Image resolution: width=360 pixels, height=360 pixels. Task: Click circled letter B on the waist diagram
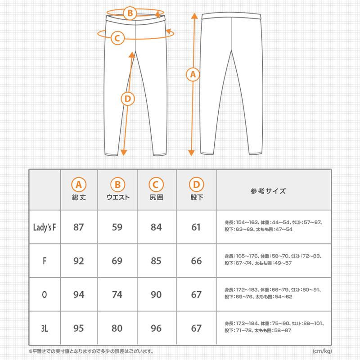coord(130,13)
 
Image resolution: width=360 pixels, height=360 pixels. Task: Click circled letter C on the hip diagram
coord(116,38)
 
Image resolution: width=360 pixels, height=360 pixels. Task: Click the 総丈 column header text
coord(79,197)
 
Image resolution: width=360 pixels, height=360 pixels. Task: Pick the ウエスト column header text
coord(117,197)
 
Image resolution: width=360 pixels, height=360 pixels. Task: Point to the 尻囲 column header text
coord(156,197)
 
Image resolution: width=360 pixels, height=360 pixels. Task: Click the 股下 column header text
coord(196,197)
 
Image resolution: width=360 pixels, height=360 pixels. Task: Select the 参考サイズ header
coord(268,191)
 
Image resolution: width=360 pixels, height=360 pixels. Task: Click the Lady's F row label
coord(45,227)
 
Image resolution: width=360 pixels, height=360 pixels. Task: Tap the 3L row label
coord(45,328)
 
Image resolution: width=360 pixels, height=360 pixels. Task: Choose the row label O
coord(45,295)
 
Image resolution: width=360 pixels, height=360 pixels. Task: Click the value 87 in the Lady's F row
coord(79,227)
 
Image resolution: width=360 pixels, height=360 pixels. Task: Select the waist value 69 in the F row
coord(117,261)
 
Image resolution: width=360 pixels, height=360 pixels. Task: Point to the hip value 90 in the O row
coord(156,295)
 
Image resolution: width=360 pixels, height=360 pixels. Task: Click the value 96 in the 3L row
coord(156,328)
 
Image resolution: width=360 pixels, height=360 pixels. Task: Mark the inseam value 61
coord(196,227)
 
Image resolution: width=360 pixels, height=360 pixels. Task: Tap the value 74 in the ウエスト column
coord(117,295)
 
